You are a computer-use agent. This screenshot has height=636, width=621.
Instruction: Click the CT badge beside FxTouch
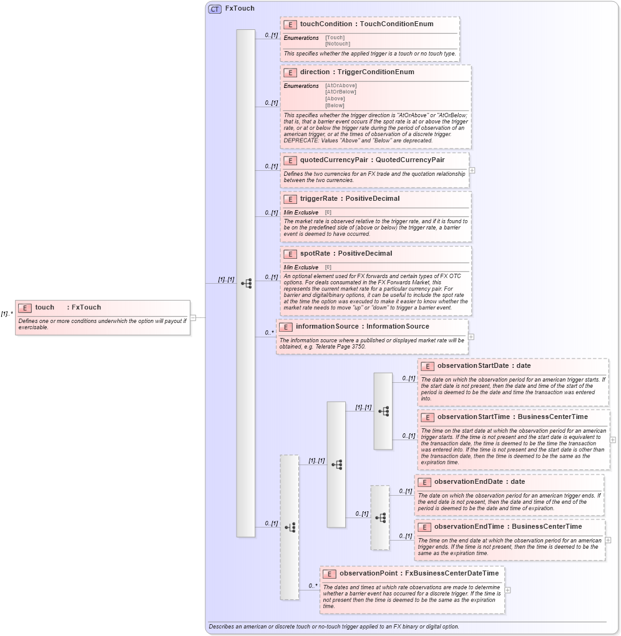tap(215, 9)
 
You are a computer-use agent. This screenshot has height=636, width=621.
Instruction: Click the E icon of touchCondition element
tap(290, 24)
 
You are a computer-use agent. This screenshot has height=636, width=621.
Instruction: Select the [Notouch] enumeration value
tap(338, 44)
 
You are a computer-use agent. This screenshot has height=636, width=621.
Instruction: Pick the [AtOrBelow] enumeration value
tap(341, 92)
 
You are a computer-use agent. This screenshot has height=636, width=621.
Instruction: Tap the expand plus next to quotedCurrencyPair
tap(472, 170)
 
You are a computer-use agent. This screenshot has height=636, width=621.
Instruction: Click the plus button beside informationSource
tap(471, 337)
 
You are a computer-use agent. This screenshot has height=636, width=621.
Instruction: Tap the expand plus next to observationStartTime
tap(613, 440)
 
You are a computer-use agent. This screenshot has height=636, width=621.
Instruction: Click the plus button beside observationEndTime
tap(608, 540)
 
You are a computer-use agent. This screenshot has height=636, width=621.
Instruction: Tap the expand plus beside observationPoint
tap(508, 590)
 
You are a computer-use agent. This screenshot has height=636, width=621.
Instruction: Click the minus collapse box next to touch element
tap(193, 317)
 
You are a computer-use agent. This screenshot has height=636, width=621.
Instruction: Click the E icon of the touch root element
tap(25, 307)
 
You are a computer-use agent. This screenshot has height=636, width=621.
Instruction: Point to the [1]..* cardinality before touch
tap(7, 314)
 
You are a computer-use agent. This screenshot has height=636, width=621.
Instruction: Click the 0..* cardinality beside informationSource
tap(269, 332)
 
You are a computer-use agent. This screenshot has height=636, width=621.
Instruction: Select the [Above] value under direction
tap(335, 99)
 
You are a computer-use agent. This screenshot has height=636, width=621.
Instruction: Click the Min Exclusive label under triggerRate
tap(301, 213)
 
